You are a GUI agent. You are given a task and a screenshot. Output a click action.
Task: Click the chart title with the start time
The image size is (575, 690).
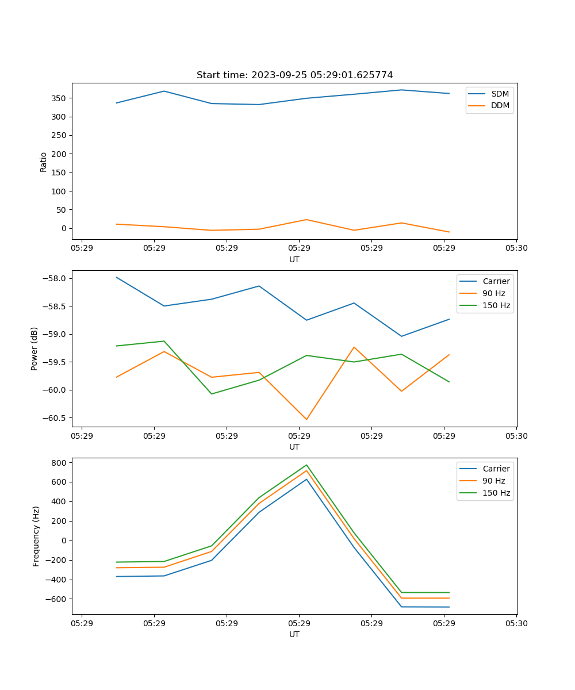click(x=294, y=75)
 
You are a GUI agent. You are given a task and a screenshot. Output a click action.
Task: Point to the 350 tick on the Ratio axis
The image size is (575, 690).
click(x=59, y=98)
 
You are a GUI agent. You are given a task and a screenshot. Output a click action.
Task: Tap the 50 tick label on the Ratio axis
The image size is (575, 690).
click(x=62, y=210)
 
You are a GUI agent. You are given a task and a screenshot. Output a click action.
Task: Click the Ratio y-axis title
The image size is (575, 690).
click(x=44, y=162)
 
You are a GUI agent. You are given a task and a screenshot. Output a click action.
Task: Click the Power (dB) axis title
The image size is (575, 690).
click(x=34, y=348)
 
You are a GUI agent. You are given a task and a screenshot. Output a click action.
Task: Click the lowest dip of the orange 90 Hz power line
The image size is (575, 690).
click(x=306, y=419)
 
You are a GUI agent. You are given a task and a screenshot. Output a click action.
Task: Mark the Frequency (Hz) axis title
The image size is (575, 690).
click(x=36, y=536)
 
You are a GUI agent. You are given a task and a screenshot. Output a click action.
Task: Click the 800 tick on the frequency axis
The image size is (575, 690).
click(x=59, y=462)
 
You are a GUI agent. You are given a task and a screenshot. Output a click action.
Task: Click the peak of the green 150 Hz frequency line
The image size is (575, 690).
click(x=306, y=465)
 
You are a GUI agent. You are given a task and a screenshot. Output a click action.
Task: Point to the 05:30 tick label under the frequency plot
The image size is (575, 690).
click(x=516, y=623)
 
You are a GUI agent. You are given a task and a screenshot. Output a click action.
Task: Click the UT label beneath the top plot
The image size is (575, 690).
click(x=294, y=259)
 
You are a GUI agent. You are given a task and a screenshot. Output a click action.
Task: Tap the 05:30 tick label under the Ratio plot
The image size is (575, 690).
click(x=516, y=248)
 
